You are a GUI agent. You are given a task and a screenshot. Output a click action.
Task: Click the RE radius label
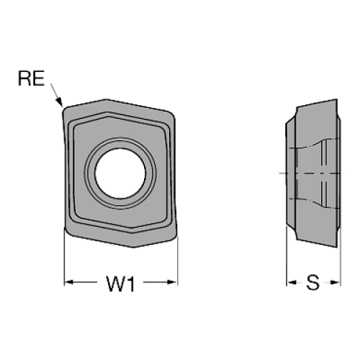[31, 79]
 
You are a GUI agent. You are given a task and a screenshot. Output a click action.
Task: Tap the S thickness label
[312, 282]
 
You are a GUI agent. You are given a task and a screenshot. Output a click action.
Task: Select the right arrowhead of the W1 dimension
[173, 281]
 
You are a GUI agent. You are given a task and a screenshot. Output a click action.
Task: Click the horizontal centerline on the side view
[312, 173]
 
